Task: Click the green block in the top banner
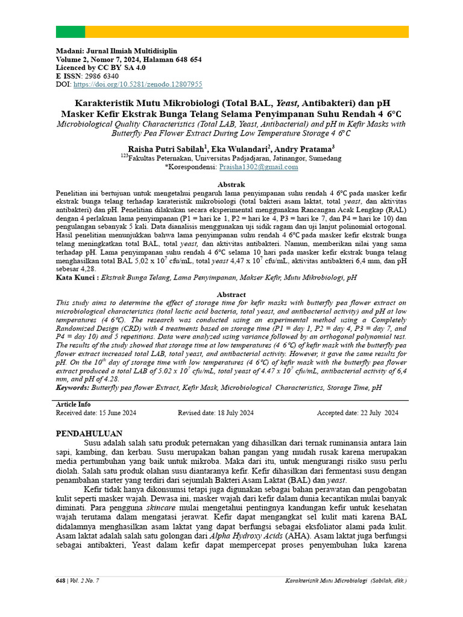click(71, 32)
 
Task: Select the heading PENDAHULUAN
click(89, 433)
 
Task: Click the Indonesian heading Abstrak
click(231, 184)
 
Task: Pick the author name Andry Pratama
click(304, 149)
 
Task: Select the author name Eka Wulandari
click(236, 149)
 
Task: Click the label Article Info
click(74, 404)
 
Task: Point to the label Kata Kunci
click(76, 278)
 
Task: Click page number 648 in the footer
click(60, 580)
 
